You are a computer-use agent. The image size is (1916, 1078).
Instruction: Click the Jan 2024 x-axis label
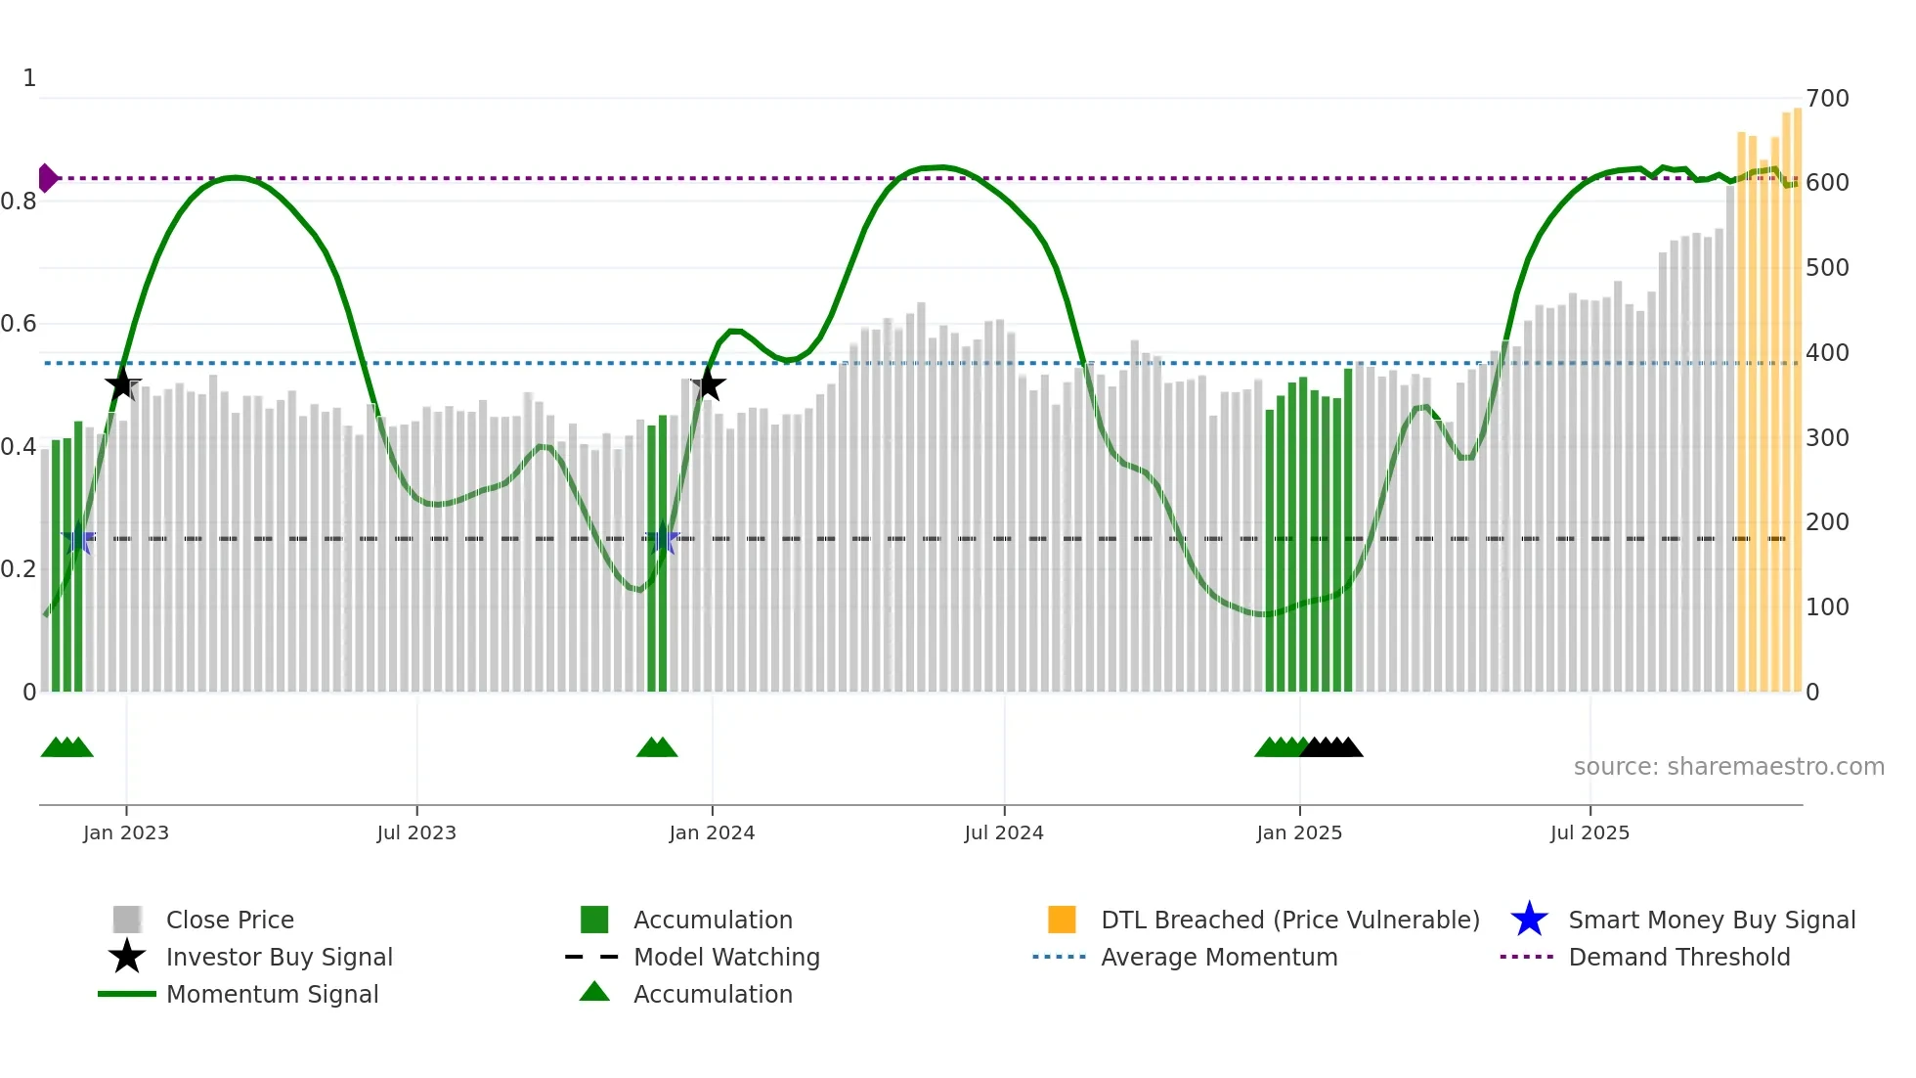712,832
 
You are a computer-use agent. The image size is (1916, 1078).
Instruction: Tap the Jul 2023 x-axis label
416,832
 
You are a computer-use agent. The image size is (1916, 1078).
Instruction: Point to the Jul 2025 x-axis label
1589,832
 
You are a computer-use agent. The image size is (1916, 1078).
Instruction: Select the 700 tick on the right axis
1827,99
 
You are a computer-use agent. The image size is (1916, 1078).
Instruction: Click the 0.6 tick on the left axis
19,324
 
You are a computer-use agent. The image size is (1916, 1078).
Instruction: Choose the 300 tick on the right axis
1827,437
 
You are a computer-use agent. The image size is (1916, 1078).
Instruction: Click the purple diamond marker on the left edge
47,178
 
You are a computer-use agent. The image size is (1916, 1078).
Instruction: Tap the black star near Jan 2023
122,384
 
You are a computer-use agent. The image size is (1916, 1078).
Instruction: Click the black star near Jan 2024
709,384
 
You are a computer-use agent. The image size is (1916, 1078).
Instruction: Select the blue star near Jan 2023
78,538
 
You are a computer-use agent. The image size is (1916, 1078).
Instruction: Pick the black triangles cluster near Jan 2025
1331,747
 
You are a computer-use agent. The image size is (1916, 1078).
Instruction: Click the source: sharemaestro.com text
1728,767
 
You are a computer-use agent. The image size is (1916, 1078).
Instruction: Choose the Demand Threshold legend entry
1678,957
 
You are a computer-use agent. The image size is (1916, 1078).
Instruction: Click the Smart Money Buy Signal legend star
1529,920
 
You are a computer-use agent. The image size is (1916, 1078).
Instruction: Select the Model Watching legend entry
725,957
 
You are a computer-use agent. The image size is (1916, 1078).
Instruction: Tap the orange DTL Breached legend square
1062,920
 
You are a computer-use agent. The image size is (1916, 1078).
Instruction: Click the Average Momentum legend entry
1218,957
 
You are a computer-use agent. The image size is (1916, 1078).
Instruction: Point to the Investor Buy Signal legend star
127,957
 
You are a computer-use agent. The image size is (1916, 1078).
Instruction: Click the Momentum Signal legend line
127,994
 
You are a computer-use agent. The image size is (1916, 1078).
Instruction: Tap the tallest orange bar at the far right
1797,401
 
